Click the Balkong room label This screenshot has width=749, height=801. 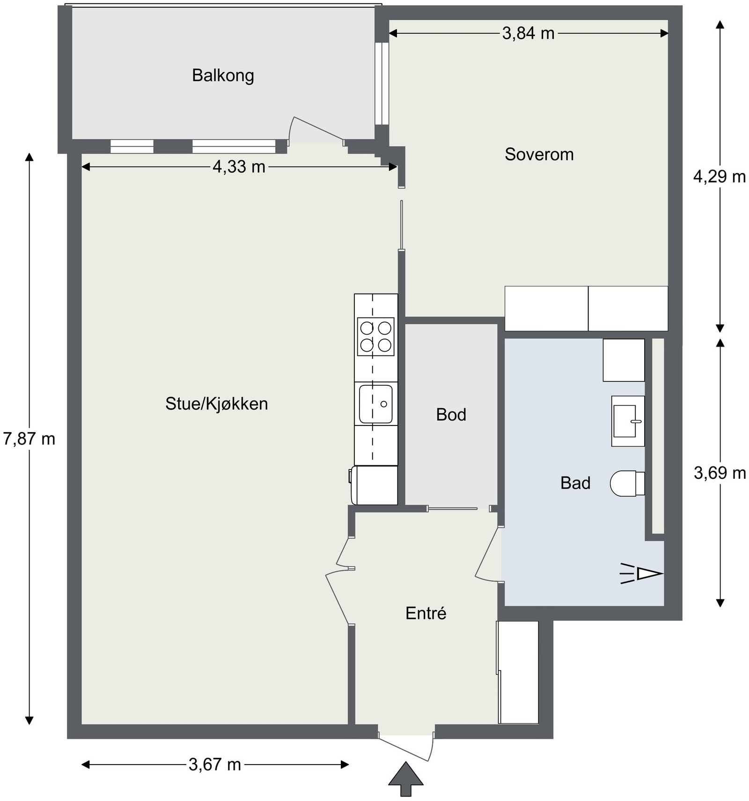pyautogui.click(x=223, y=75)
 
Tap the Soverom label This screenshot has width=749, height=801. pyautogui.click(x=539, y=154)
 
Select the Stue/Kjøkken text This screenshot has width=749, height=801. pyautogui.click(x=216, y=404)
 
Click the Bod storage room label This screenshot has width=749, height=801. pyautogui.click(x=451, y=415)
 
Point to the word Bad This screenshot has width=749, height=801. pyautogui.click(x=575, y=483)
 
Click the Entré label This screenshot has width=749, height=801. pyautogui.click(x=426, y=613)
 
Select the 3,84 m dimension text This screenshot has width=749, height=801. pyautogui.click(x=528, y=33)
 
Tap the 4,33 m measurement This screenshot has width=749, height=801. pyautogui.click(x=239, y=166)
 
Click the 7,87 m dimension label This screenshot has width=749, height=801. pyautogui.click(x=29, y=439)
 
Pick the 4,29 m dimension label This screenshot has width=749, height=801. pyautogui.click(x=719, y=177)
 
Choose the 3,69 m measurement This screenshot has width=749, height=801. pyautogui.click(x=720, y=473)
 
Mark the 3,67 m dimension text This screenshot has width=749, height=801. pyautogui.click(x=215, y=765)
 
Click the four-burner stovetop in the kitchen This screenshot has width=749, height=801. pyautogui.click(x=375, y=337)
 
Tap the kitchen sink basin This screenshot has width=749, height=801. pyautogui.click(x=375, y=403)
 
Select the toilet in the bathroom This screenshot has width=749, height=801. pyautogui.click(x=626, y=483)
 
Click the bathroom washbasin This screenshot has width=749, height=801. pyautogui.click(x=627, y=421)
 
